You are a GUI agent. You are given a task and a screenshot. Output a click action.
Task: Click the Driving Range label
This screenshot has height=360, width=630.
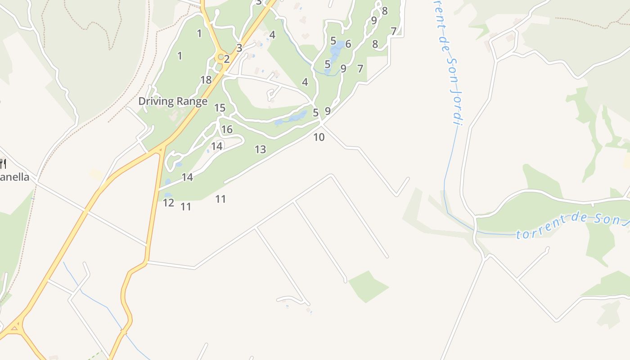pyautogui.click(x=173, y=101)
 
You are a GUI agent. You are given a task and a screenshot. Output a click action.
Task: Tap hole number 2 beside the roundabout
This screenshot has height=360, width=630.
pyautogui.click(x=227, y=59)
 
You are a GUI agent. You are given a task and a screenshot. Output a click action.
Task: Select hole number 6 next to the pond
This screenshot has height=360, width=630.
pyautogui.click(x=348, y=44)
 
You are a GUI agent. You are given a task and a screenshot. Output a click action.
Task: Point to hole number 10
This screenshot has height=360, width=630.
pyautogui.click(x=319, y=137)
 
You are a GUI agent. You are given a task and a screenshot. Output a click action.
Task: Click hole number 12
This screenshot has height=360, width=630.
pyautogui.click(x=168, y=203)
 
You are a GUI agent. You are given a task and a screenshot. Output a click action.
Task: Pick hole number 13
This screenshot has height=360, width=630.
pyautogui.click(x=260, y=149)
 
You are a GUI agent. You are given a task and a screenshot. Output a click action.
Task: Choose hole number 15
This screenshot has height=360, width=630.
pyautogui.click(x=220, y=108)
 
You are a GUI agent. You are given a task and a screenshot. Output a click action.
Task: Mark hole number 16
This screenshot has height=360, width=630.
pyautogui.click(x=227, y=130)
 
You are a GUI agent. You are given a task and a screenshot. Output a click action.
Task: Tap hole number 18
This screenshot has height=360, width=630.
pyautogui.click(x=206, y=80)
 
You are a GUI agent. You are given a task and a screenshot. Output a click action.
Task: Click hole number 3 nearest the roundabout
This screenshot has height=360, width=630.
pyautogui.click(x=239, y=48)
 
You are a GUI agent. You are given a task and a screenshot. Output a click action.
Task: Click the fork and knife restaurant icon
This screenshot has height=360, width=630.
pyautogui.click(x=3, y=163)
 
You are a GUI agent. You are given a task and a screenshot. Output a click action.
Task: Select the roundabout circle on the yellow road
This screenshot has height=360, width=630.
pyautogui.click(x=220, y=57)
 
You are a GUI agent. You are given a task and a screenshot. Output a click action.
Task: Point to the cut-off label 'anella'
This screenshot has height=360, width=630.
pyautogui.click(x=14, y=177)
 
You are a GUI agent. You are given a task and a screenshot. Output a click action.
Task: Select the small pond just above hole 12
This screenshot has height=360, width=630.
pyautogui.click(x=168, y=195)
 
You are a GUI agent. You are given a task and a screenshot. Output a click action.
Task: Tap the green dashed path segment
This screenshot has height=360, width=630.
pyautogui.click(x=95, y=355)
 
